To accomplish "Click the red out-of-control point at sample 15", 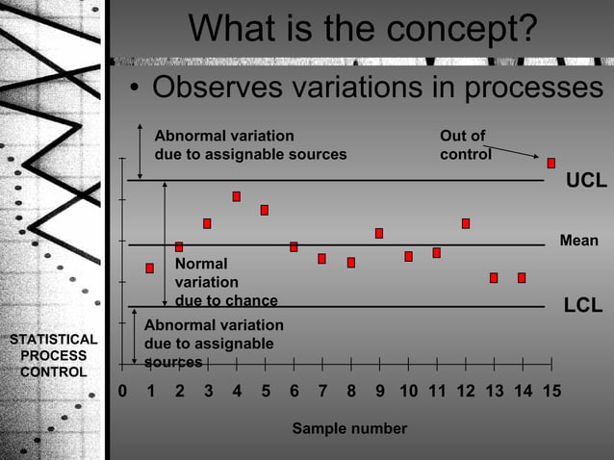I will click(x=551, y=163).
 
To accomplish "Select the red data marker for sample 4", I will click(x=236, y=196).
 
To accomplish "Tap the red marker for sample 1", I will click(x=149, y=268).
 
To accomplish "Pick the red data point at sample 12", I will click(x=466, y=223).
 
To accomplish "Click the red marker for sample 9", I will click(x=379, y=233).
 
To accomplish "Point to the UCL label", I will click(x=585, y=181).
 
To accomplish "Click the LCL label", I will click(x=583, y=306).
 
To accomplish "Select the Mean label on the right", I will click(x=578, y=241).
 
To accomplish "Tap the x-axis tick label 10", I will click(x=408, y=392).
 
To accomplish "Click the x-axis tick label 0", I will click(x=122, y=392).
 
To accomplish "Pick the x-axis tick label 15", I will click(x=551, y=392).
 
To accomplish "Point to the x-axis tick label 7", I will click(x=322, y=392).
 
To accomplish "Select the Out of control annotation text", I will click(x=465, y=144).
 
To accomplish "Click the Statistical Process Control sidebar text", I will click(x=53, y=355).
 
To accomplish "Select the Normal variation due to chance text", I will click(x=225, y=282).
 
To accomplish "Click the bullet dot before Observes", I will click(x=136, y=90).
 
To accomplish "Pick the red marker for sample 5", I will click(x=264, y=210).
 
